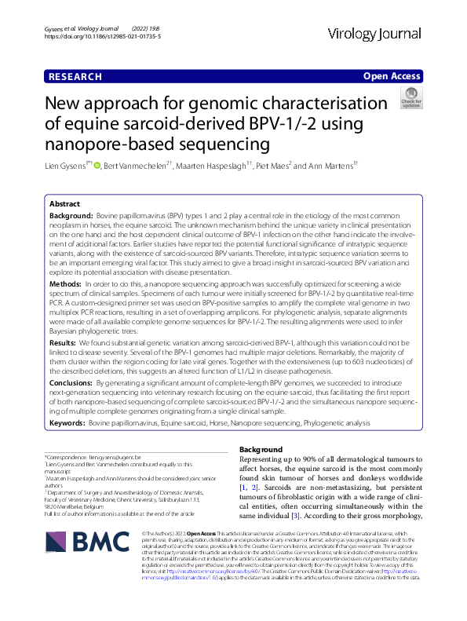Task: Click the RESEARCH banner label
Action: point(75,76)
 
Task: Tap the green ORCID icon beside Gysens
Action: point(98,166)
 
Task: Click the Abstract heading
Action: point(64,203)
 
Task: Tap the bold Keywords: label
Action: point(68,422)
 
